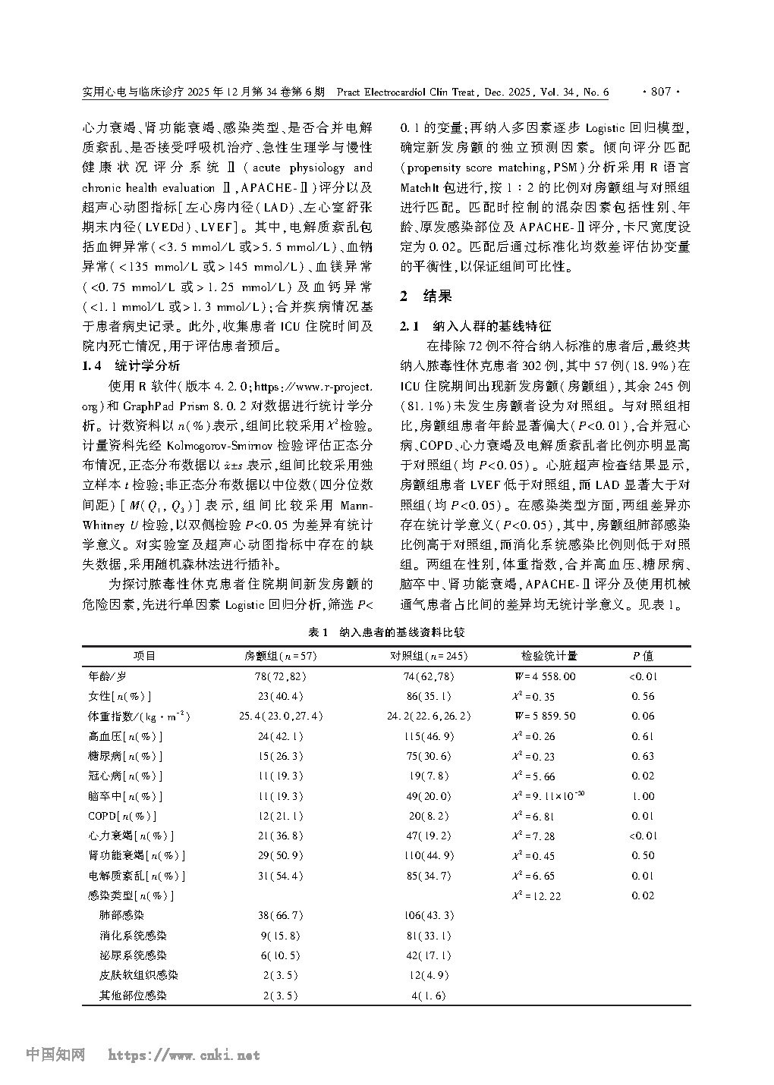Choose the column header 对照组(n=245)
pos(429,657)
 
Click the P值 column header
pos(643,657)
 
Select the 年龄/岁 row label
pos(108,676)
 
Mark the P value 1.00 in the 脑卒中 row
pos(643,796)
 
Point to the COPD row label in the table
pos(122,816)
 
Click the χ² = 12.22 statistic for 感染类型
pos(536,895)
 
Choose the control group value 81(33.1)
pos(429,936)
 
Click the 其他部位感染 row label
pos(133,996)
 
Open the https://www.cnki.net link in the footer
pos(184,1055)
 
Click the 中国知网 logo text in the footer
pos(55,1055)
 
